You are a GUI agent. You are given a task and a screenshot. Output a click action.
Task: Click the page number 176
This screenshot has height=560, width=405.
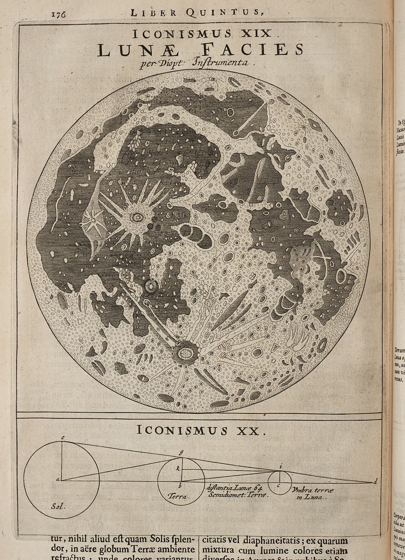coord(58,13)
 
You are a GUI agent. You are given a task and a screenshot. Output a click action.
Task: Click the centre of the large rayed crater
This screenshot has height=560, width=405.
coord(137,218)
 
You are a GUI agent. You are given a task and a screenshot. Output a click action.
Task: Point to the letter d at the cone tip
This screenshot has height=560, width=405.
coord(375,482)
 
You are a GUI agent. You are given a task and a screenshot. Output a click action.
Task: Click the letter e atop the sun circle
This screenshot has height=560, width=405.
coord(62,438)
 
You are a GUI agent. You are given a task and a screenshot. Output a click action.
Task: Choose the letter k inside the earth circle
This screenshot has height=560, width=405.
coord(179,468)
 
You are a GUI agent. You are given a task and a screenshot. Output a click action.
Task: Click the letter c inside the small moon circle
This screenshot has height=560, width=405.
coord(279,485)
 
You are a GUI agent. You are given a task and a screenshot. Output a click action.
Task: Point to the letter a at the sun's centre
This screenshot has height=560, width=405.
coord(57,480)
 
